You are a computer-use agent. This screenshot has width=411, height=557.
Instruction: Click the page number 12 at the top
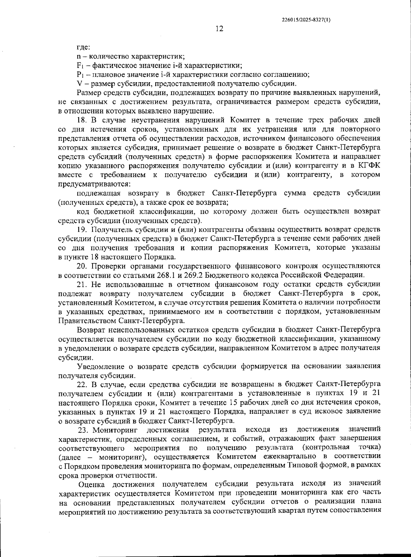click(220, 29)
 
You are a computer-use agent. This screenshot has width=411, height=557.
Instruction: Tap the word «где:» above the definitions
click(83, 47)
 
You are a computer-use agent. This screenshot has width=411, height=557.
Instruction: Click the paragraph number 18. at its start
click(82, 120)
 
